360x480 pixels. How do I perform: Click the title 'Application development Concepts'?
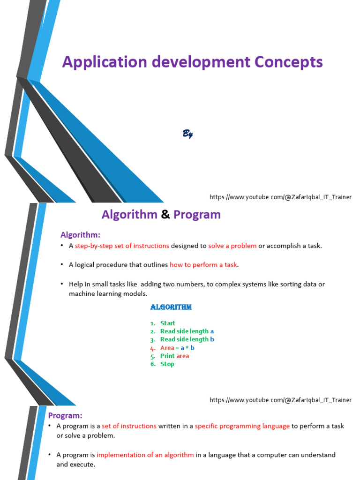click(192, 62)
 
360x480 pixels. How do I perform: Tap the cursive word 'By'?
click(187, 134)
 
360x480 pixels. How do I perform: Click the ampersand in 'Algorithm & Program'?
click(165, 215)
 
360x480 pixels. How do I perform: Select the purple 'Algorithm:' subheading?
click(80, 235)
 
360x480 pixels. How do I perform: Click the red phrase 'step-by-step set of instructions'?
click(122, 246)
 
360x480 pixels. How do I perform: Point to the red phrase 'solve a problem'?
click(232, 246)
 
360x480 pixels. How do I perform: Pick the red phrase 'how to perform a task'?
click(203, 265)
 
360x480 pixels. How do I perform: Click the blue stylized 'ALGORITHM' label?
click(171, 307)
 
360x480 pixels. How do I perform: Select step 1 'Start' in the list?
click(167, 323)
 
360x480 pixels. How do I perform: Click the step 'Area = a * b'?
click(177, 348)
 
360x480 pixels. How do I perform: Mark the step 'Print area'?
click(174, 356)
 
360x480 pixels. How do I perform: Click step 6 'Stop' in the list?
click(167, 364)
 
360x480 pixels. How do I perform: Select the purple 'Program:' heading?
click(65, 415)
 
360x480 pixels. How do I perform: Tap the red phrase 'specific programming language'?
click(242, 426)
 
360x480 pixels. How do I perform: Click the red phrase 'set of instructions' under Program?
click(129, 426)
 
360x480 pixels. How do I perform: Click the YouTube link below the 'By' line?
click(280, 197)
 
